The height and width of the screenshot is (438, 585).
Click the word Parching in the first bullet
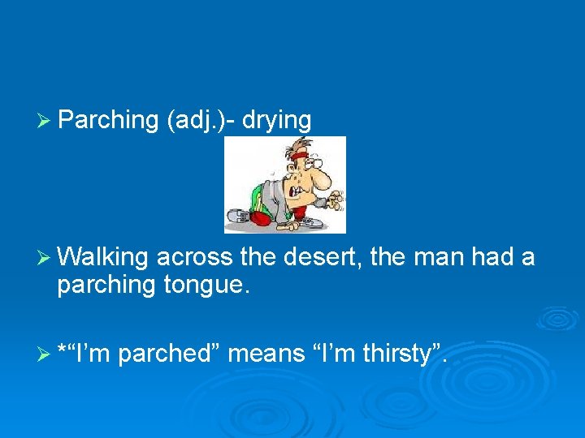point(107,121)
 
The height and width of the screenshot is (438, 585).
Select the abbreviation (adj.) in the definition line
point(197,121)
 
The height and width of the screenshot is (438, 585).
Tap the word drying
point(276,121)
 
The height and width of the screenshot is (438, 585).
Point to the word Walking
point(103,258)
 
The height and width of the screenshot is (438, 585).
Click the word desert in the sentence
point(324,258)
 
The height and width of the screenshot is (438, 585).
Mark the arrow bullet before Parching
point(45,121)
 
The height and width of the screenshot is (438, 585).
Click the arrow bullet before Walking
point(45,258)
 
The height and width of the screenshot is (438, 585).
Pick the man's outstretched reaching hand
point(336,197)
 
